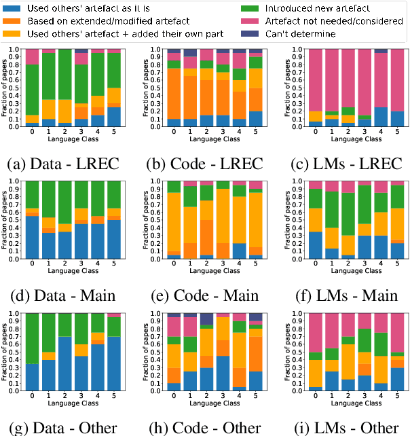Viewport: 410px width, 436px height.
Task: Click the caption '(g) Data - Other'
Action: point(62,426)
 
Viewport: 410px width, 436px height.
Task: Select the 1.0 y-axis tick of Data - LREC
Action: point(17,49)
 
